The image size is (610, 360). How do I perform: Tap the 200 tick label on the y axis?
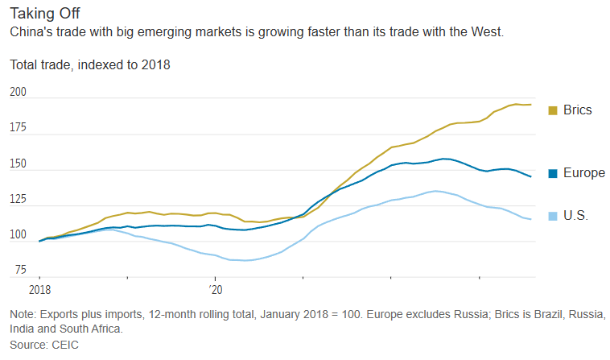pos(19,93)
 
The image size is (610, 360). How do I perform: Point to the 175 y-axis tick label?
pos(19,128)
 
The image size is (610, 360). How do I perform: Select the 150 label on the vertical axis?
pos(19,163)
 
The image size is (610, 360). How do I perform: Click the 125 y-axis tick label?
pos(19,199)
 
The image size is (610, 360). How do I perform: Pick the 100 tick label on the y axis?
pos(19,234)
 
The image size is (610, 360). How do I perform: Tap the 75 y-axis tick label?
pos(21,270)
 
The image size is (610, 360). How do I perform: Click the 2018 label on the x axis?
pos(39,288)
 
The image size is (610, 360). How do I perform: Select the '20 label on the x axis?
pos(215,288)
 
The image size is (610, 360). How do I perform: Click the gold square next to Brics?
pos(553,110)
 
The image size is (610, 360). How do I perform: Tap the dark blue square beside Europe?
pos(553,173)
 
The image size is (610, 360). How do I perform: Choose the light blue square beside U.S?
pos(553,216)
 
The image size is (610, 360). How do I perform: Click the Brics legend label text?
pos(578,110)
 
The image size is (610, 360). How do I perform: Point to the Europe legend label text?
pos(583,173)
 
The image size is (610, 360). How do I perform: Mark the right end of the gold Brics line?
pos(531,105)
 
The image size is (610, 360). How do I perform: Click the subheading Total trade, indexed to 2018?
pos(89,64)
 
